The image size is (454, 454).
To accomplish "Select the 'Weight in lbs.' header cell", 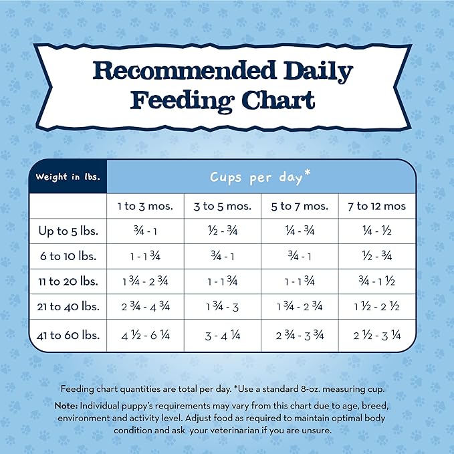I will tap(68, 177).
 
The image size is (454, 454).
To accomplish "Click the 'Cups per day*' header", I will tap(260, 177).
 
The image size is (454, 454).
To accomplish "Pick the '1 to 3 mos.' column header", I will tap(145, 206).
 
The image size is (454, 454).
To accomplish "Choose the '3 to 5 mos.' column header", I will tap(223, 206).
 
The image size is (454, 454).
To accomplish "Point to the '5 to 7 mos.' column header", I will tap(300, 206).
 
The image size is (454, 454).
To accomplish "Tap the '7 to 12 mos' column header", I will tap(376, 206).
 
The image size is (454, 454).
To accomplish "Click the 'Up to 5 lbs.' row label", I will tap(68, 231).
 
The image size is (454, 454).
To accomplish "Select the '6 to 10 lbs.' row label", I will tap(68, 256).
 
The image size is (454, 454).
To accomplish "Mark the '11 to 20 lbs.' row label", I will tap(68, 281).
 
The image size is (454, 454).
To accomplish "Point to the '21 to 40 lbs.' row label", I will tap(68, 307).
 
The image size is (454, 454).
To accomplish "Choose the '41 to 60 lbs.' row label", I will tap(68, 335).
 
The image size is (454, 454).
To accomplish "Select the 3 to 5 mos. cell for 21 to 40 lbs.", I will tap(223, 308).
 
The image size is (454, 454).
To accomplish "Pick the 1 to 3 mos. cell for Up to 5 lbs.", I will tap(145, 231).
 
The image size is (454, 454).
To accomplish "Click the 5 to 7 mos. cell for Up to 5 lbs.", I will tap(300, 231).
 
